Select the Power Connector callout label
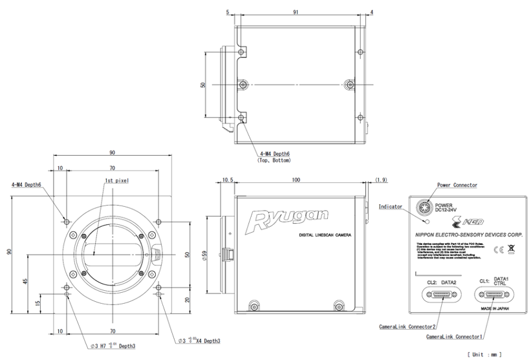[457, 185]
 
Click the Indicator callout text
[390, 207]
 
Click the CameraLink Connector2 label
[407, 327]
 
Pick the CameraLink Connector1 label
[455, 337]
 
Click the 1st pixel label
[116, 181]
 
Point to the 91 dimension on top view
[295, 11]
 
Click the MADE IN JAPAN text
[492, 309]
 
